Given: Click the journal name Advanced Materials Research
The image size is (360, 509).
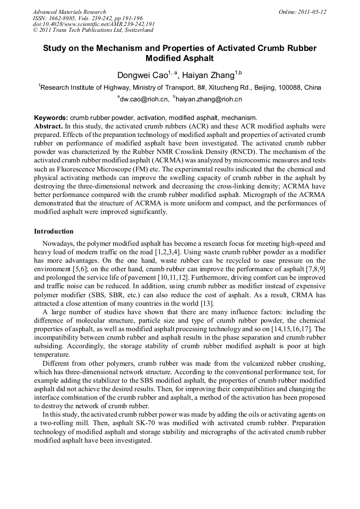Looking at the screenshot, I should [69, 12].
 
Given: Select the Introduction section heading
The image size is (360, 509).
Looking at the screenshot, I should [54, 231].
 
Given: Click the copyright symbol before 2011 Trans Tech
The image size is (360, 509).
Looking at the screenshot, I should [36, 31].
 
